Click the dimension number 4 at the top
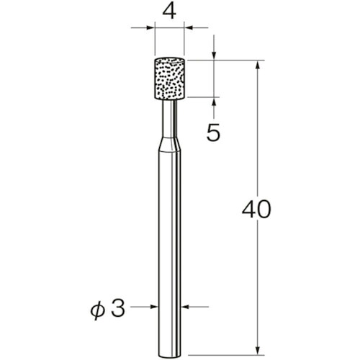click(169, 12)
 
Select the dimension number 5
click(213, 133)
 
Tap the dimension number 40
click(256, 210)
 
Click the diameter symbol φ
click(98, 311)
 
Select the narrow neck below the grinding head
click(169, 118)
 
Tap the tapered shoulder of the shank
click(169, 144)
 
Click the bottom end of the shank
click(169, 356)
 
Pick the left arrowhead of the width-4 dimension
click(150, 28)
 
